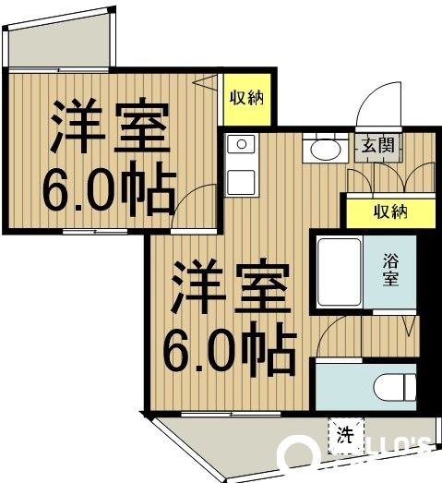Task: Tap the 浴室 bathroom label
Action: (391, 266)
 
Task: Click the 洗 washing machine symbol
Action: (344, 435)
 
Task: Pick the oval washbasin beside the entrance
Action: (324, 149)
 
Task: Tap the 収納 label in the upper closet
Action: (246, 97)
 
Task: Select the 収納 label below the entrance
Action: (390, 211)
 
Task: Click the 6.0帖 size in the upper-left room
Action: (108, 189)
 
